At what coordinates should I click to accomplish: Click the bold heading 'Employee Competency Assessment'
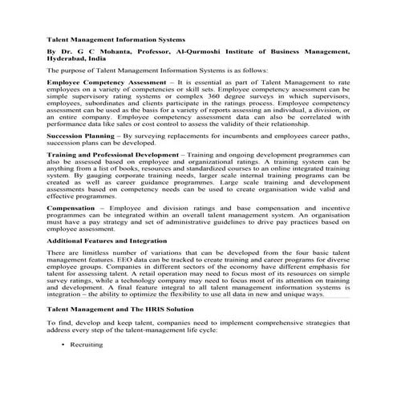(x=107, y=83)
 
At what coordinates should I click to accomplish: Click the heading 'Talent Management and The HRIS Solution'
(x=120, y=308)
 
